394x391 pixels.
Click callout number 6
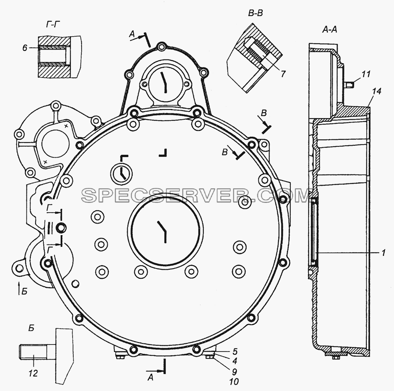pyautogui.click(x=24, y=48)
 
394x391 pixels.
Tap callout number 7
pyautogui.click(x=283, y=74)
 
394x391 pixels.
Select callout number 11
pyautogui.click(x=366, y=74)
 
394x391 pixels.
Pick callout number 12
pyautogui.click(x=33, y=373)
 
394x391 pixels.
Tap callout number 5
pyautogui.click(x=235, y=351)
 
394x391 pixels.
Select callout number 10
pyautogui.click(x=234, y=382)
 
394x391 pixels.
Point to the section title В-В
pyautogui.click(x=255, y=13)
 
